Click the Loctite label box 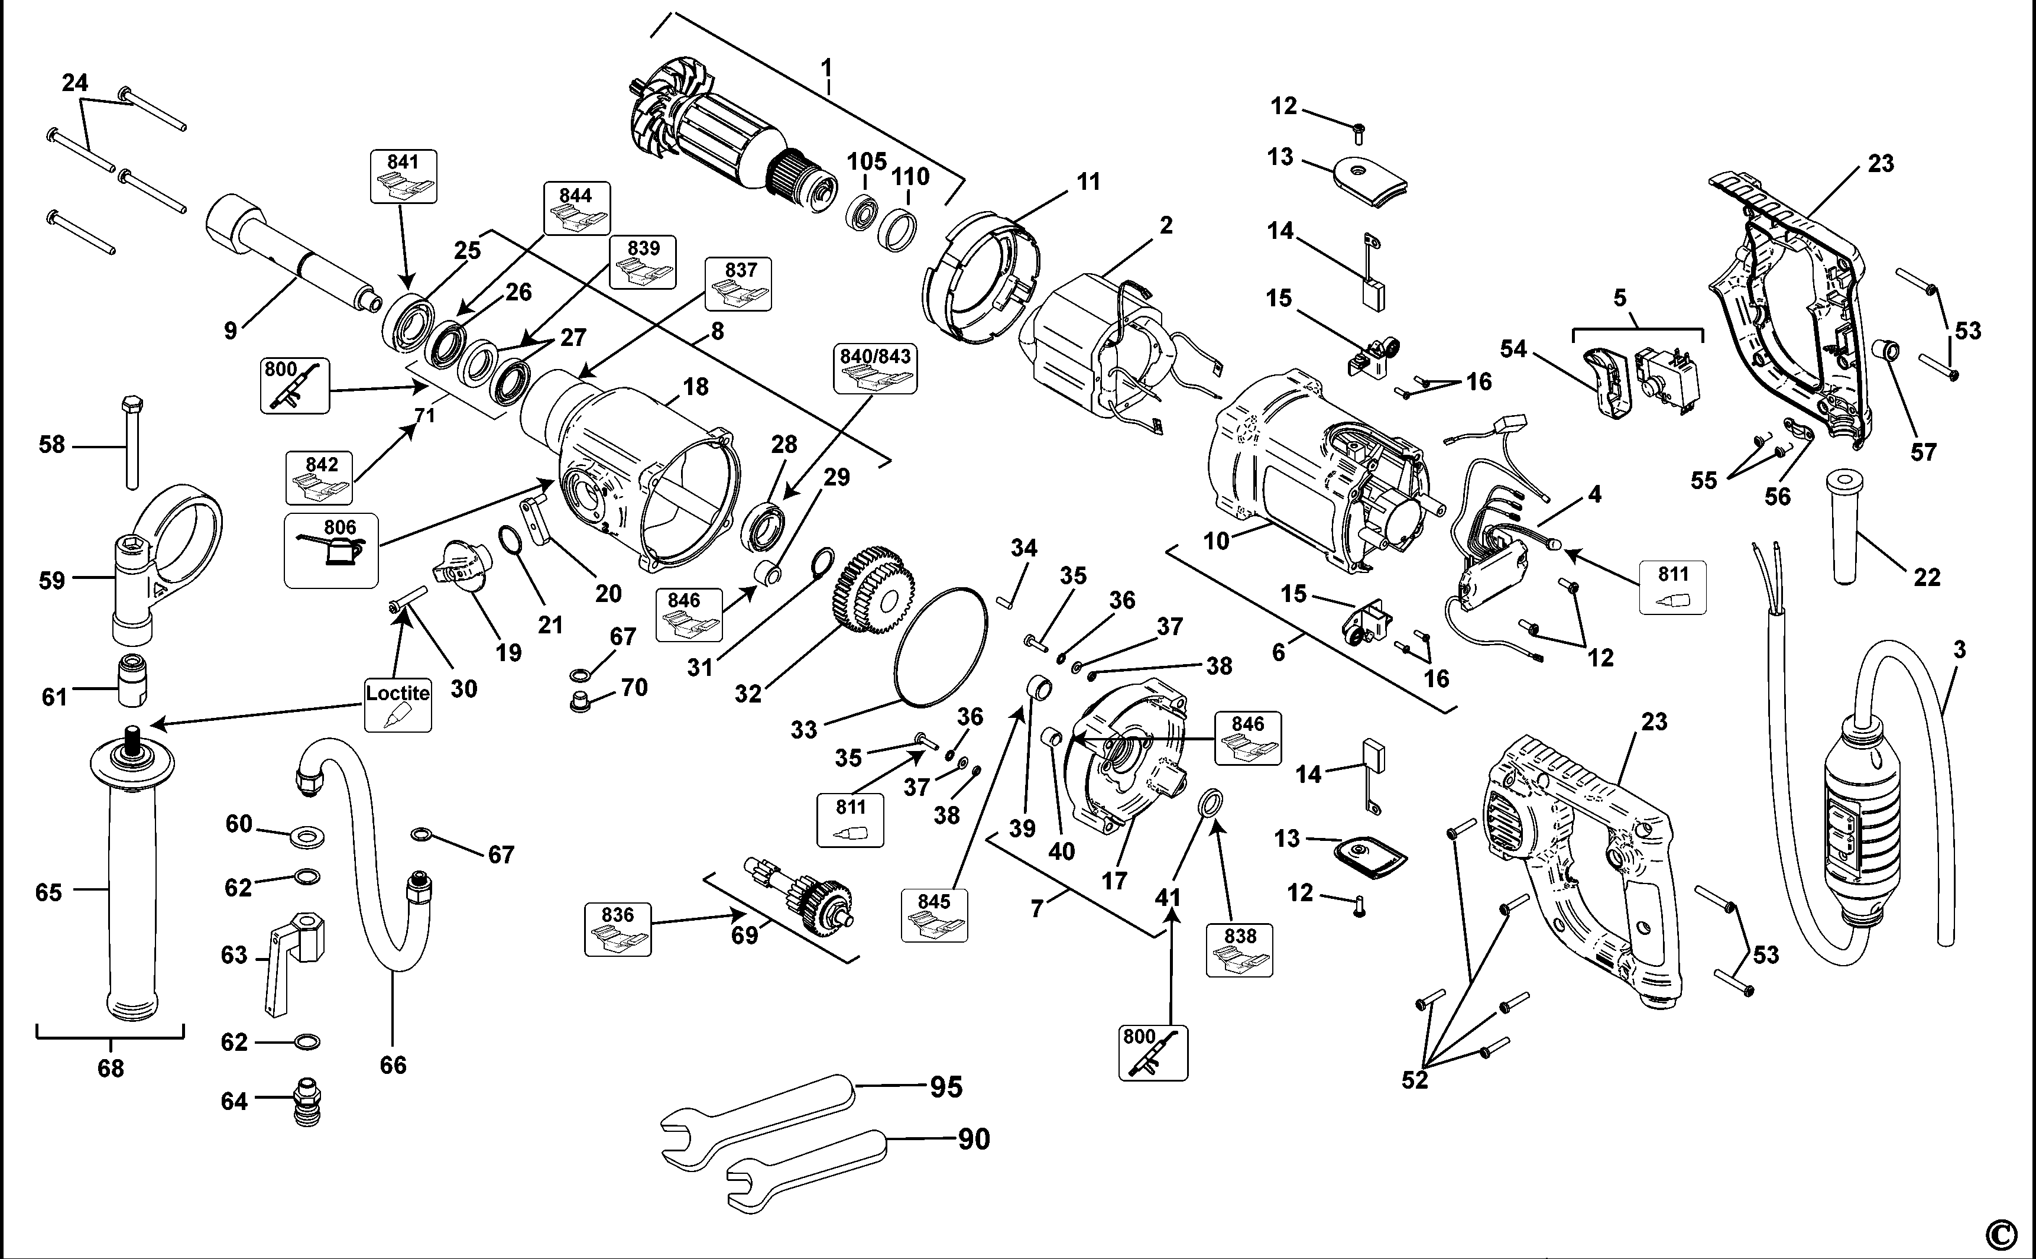point(398,704)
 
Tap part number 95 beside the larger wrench point(946,1087)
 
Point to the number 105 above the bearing point(867,161)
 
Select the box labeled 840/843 point(875,369)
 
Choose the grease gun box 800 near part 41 point(1153,1053)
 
